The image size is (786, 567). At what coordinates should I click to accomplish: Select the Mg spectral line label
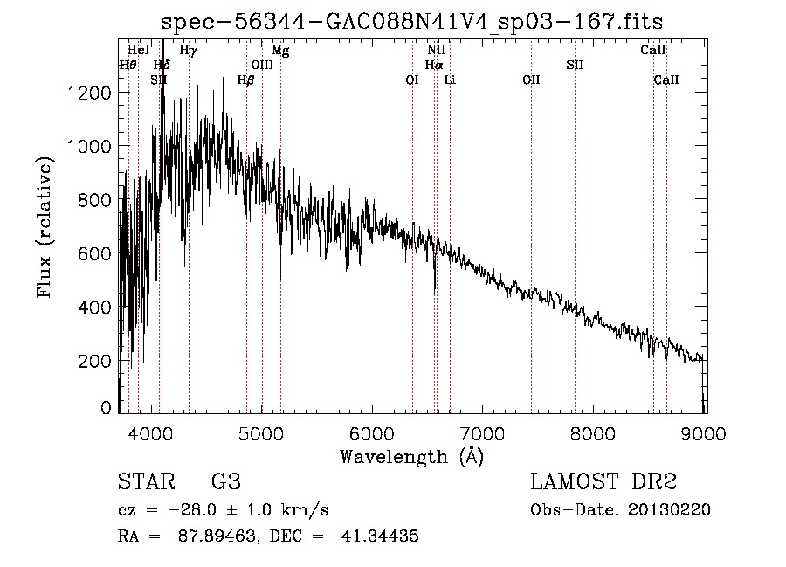coord(280,51)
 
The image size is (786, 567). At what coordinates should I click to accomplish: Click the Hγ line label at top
coord(188,51)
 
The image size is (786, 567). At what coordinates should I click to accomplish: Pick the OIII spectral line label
coord(262,65)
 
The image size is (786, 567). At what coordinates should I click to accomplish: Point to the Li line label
coord(450,80)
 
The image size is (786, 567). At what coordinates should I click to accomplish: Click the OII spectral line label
coord(531,80)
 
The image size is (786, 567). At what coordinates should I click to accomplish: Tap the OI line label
coord(412,80)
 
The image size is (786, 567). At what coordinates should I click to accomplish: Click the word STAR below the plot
coord(145,482)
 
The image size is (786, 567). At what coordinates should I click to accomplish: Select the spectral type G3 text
coord(225,482)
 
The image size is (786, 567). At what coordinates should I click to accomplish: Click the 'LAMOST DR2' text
coord(603,482)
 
